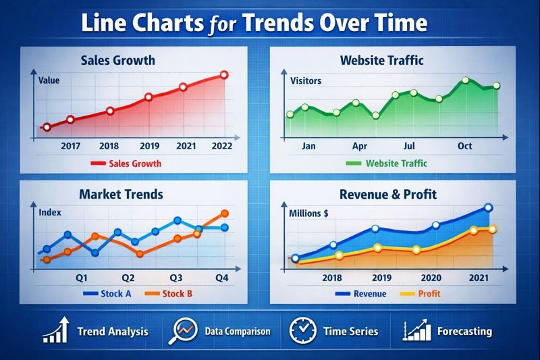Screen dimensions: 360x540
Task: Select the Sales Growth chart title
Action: [117, 60]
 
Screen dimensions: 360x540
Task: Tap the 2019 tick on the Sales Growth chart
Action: [149, 145]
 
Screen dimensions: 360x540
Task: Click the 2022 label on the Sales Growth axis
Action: [222, 145]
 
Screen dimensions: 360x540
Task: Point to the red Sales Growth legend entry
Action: [126, 163]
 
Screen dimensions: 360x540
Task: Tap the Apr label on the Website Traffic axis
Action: [360, 145]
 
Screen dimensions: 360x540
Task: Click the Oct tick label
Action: [464, 145]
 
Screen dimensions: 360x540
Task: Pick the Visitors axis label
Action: [306, 81]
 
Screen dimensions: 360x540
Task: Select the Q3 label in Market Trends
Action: [176, 277]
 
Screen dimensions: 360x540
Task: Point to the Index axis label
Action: [50, 212]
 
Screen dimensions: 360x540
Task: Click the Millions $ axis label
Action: [308, 213]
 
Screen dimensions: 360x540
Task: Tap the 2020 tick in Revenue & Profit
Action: [431, 278]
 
